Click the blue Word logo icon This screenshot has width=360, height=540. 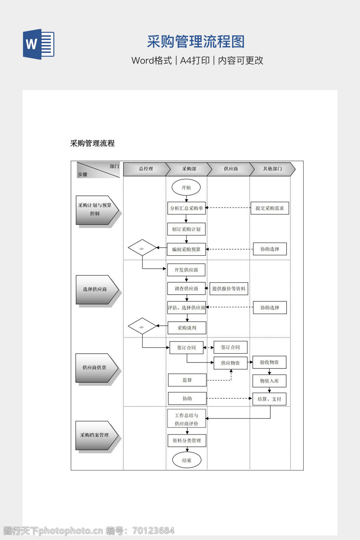pos(39,44)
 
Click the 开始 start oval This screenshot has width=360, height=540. pos(186,187)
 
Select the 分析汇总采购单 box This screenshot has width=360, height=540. pos(186,208)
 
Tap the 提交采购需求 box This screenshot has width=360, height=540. pos(270,208)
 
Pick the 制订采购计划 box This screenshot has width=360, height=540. pos(186,229)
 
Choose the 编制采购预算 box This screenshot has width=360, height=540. pos(186,249)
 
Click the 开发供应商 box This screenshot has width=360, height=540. pos(186,270)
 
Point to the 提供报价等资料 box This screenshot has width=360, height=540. pos(229,289)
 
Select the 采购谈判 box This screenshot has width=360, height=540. pos(187,328)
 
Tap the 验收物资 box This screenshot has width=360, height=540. pos(269,362)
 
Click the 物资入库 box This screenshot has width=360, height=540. pos(269,381)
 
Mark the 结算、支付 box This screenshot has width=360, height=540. pos(269,399)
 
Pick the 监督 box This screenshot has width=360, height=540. pos(187,380)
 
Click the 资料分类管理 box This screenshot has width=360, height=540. pos(187,441)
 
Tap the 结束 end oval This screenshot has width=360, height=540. pos(187,460)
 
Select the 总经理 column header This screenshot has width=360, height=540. pos(146,169)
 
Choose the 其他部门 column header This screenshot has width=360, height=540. pos(272,169)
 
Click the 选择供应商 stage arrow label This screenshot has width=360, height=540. pos(95,289)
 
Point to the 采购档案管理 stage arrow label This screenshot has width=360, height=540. pos(95,435)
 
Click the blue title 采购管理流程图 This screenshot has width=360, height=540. pos(196,42)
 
